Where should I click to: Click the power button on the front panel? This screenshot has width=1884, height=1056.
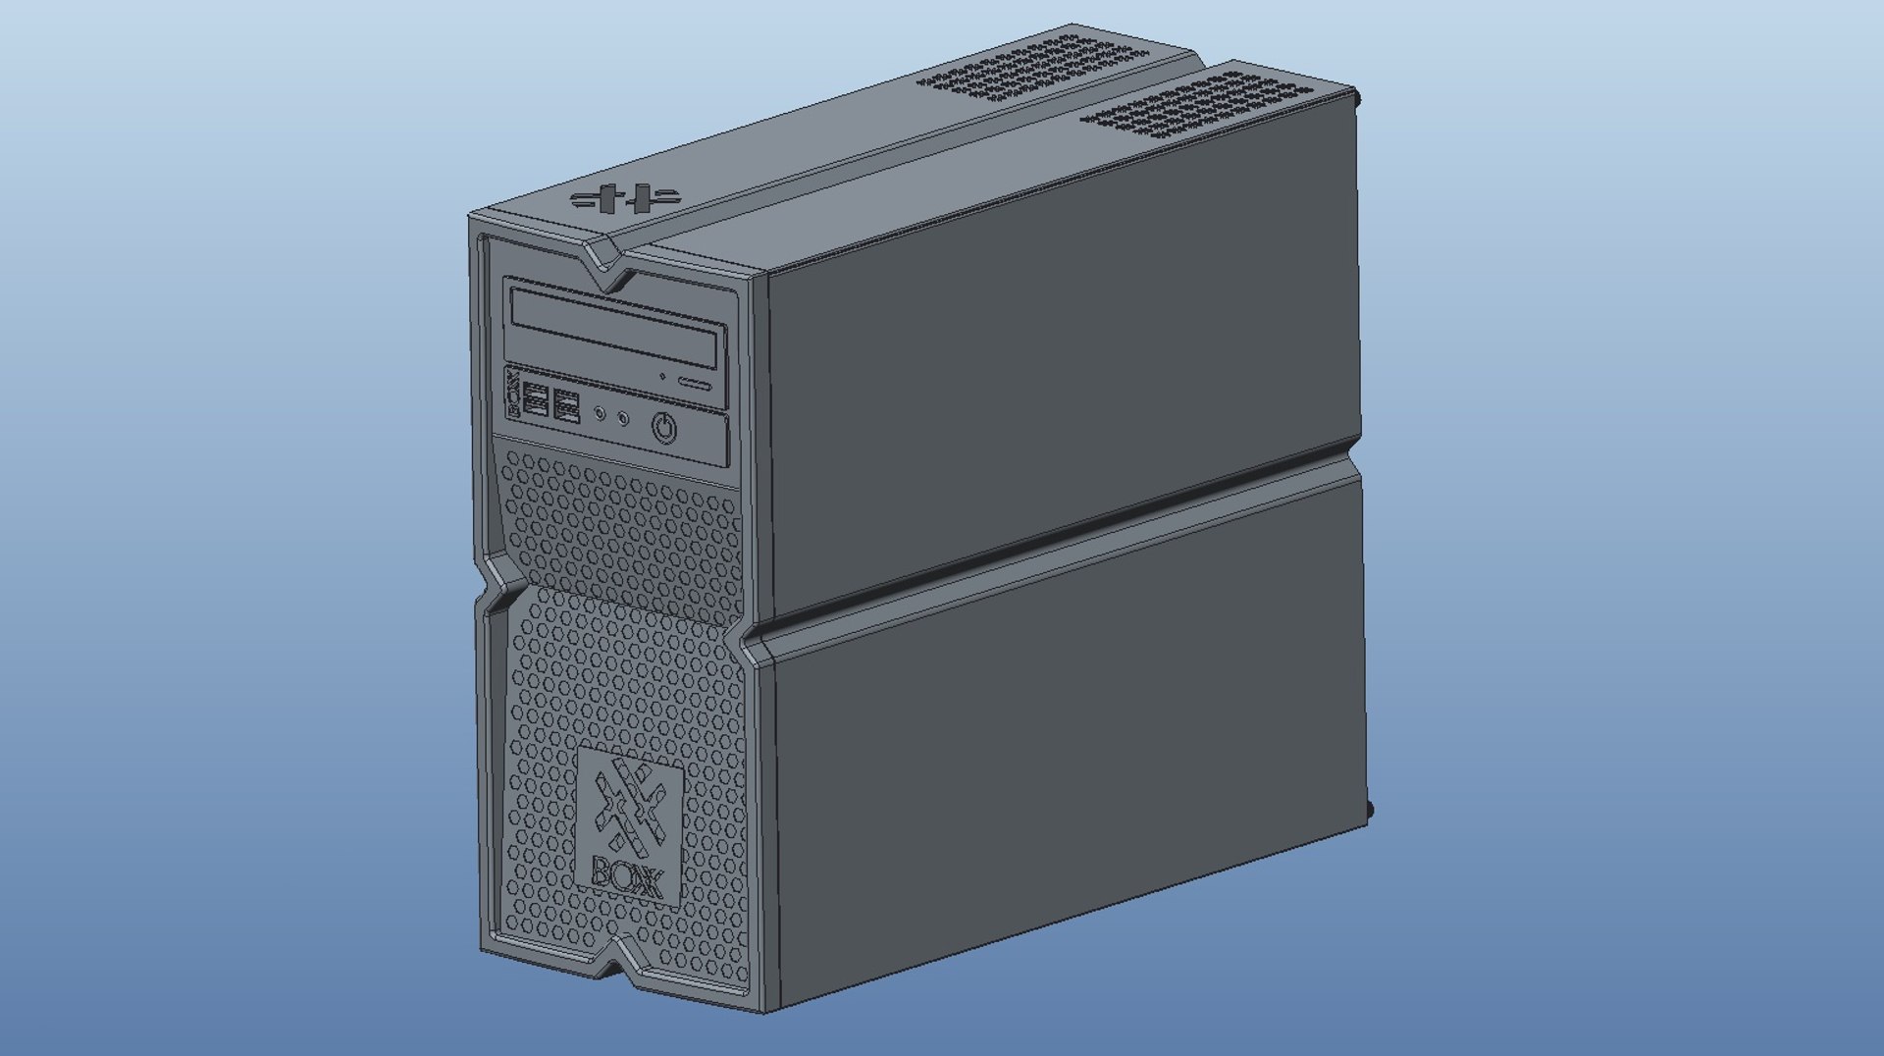click(x=664, y=429)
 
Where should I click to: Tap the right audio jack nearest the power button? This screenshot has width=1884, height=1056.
click(x=623, y=419)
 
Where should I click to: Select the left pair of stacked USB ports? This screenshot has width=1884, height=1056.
click(x=536, y=400)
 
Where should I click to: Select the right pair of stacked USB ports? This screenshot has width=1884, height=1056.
click(x=566, y=405)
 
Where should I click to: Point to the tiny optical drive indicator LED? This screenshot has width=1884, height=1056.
click(x=662, y=376)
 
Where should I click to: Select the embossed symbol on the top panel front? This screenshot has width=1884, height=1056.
click(x=626, y=199)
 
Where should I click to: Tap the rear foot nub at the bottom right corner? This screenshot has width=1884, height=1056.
click(x=1370, y=810)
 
